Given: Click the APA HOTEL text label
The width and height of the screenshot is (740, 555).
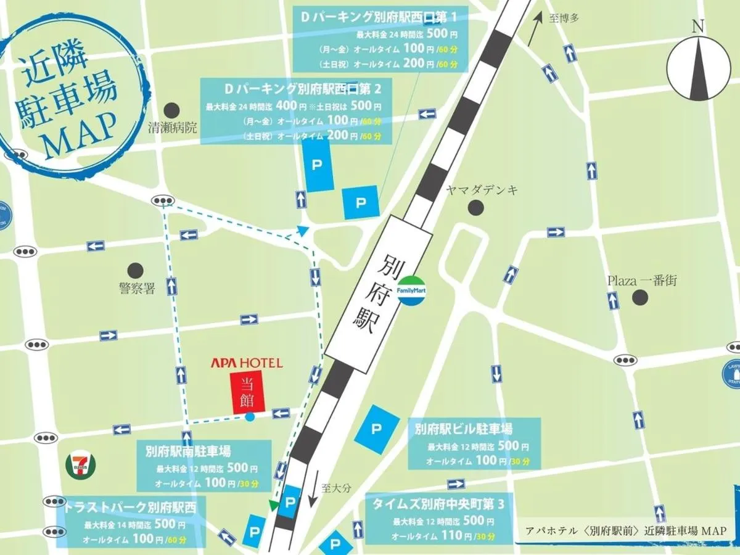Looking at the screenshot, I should [x=247, y=363].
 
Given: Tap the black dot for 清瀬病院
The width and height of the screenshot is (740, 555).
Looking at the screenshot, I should [x=172, y=111].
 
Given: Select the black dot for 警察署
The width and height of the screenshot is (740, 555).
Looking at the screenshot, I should [x=136, y=270].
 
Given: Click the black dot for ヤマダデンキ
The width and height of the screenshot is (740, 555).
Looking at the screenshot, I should [x=475, y=208].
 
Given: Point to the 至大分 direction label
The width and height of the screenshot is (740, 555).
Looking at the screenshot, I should [x=337, y=488].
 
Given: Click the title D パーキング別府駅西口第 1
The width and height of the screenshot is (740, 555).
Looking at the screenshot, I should [x=379, y=18].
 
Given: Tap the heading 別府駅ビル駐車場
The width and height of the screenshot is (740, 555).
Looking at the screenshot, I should [x=464, y=429].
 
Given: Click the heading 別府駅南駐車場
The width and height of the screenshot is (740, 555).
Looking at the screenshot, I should [x=189, y=451].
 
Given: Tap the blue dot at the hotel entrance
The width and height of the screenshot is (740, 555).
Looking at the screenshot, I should [x=249, y=417].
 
